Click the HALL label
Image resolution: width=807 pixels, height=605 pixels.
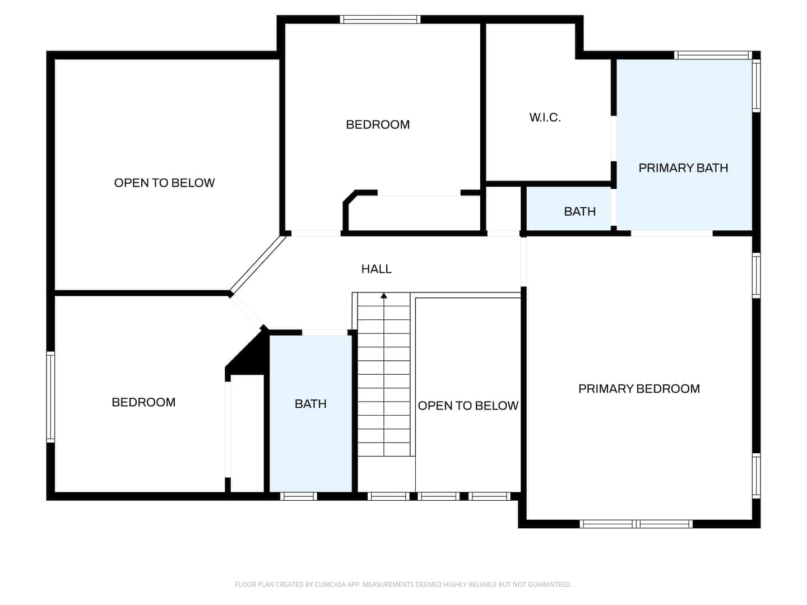376,269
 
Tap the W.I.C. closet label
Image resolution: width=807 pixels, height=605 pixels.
545,118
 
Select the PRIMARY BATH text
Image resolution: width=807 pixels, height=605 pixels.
683,168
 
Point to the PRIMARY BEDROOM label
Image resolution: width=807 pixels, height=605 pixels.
639,389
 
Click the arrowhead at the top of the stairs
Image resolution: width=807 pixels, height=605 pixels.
384,295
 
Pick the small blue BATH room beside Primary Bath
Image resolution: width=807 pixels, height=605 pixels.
569,210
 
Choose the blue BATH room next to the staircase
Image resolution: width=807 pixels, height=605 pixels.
310,413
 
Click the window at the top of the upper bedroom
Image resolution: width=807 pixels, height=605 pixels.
380,20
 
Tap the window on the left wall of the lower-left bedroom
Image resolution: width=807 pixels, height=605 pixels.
50,397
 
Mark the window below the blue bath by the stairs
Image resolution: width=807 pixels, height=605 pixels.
298,496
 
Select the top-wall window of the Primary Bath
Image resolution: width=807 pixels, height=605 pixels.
713,55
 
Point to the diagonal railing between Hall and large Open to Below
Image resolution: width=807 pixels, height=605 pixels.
257,264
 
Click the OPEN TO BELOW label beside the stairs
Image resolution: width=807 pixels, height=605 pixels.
468,406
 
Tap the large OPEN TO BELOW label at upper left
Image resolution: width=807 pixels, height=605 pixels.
164,183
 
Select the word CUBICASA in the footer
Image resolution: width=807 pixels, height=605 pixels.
329,584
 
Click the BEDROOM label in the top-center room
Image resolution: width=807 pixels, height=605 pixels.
378,124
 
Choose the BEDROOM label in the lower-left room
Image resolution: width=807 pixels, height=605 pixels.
143,402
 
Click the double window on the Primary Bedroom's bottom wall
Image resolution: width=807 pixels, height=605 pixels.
636,524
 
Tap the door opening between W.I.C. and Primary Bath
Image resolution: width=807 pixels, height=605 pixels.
614,138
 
